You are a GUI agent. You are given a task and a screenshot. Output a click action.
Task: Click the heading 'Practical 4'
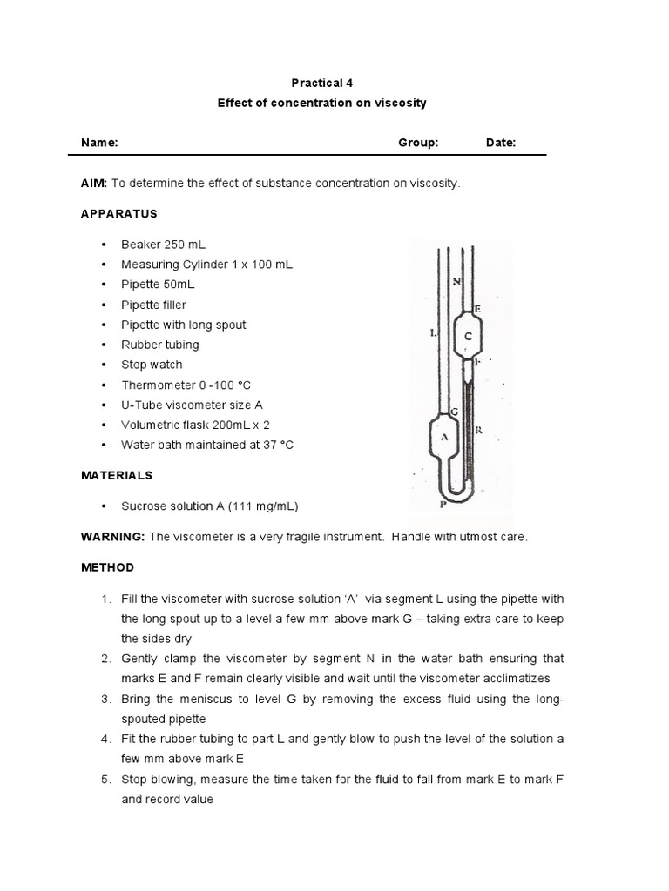coord(322,83)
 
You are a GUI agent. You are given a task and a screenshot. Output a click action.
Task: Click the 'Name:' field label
coord(99,143)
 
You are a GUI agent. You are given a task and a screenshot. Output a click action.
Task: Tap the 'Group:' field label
coord(418,143)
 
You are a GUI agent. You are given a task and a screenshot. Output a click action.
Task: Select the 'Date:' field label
coord(501,143)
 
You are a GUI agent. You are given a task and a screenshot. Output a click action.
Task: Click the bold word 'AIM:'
coord(94,184)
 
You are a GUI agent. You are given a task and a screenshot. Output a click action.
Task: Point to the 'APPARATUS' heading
coord(119,213)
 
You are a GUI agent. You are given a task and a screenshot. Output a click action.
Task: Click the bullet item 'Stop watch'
coord(152,365)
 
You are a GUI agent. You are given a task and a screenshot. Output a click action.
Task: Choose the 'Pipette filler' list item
coord(153,305)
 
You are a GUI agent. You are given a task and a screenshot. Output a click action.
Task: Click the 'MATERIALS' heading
coord(117,475)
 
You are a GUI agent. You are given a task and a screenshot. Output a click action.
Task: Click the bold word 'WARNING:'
coord(112,537)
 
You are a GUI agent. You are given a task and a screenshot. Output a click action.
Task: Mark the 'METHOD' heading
coord(108,567)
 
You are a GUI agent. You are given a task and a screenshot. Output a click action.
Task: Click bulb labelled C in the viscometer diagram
coord(469,335)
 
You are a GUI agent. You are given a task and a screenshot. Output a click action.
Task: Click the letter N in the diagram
coord(457,281)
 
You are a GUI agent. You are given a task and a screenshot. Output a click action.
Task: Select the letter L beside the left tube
coord(432,332)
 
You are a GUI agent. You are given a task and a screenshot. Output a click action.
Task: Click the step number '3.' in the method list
coord(105,699)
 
